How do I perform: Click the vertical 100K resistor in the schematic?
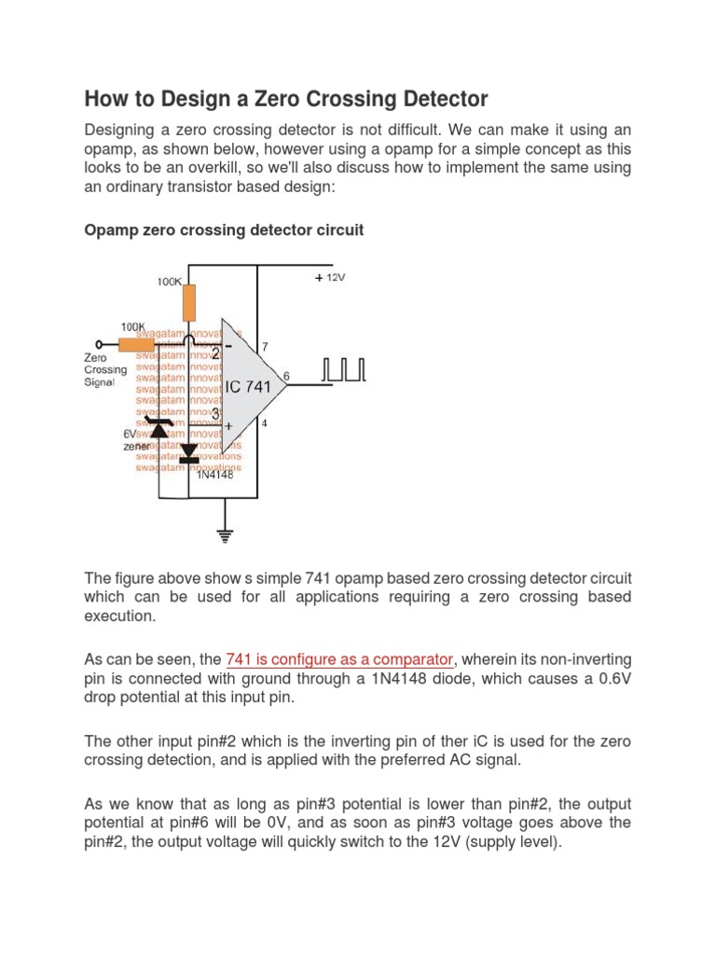[x=189, y=302]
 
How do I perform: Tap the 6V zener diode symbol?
[x=158, y=428]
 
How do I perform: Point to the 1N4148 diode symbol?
[x=189, y=452]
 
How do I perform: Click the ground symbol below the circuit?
[x=225, y=534]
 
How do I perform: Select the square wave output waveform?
[x=344, y=370]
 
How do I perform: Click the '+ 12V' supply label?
[x=330, y=277]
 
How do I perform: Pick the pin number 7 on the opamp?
[x=265, y=346]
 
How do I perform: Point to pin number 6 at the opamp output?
[x=287, y=375]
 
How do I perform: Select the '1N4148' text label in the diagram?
[x=213, y=475]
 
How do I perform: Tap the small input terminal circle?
[x=89, y=343]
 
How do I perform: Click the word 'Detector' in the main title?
[x=427, y=98]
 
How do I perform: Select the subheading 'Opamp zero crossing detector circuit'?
[x=224, y=228]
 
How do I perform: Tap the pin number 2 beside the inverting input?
[x=215, y=353]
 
